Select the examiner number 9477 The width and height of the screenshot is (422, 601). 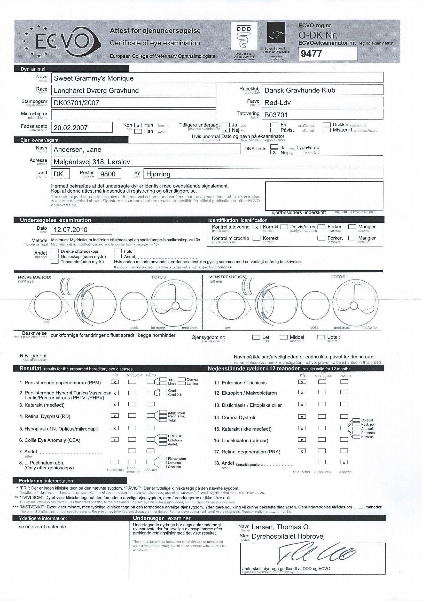coord(311,54)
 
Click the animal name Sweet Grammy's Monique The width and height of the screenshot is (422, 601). coord(93,78)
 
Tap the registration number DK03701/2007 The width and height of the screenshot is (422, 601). coord(76,103)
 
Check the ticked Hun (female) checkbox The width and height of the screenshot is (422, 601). coord(138,125)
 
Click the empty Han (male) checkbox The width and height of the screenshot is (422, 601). coord(138,131)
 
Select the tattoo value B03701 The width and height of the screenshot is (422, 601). coord(276,115)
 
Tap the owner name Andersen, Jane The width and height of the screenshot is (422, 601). coord(77,149)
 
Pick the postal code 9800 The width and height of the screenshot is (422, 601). coord(108,174)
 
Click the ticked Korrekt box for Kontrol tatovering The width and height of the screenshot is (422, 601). coord(257,227)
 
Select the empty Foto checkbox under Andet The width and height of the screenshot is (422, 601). coord(118,251)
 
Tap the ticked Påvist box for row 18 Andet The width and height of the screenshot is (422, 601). coord(344,462)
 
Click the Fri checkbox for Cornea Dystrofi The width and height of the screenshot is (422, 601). coord(302,417)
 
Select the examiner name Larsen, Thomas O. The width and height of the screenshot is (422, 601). coord(281,527)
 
